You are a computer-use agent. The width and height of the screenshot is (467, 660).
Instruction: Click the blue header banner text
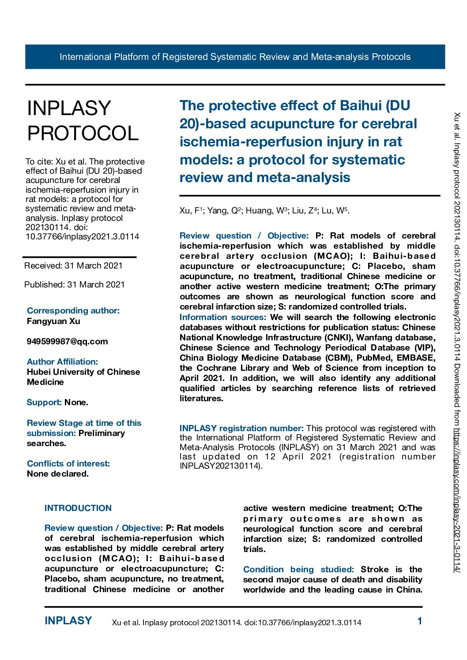235,57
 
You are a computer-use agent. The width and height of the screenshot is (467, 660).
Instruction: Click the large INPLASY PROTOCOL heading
83,121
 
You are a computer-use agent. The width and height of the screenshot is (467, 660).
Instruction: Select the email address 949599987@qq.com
67,341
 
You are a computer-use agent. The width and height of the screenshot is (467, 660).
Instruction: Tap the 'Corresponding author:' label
73,310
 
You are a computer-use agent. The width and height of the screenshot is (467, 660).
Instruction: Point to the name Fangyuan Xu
53,321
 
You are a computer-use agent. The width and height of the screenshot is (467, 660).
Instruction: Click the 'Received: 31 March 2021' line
73,265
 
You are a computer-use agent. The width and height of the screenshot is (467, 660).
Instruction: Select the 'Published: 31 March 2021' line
75,284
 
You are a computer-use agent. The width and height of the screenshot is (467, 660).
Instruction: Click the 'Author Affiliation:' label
62,362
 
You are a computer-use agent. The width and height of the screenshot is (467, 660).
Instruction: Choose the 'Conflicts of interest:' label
68,463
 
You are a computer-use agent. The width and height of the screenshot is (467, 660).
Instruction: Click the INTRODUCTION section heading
78,508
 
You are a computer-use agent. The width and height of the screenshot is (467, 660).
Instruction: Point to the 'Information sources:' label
222,317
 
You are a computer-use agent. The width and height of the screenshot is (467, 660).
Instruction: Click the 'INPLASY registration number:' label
241,428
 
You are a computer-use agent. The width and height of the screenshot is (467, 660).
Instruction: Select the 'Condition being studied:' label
298,569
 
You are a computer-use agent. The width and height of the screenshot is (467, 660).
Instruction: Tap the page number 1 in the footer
420,621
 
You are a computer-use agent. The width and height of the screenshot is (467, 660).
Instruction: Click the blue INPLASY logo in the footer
68,621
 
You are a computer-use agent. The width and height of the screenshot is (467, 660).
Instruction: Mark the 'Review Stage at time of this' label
84,423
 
